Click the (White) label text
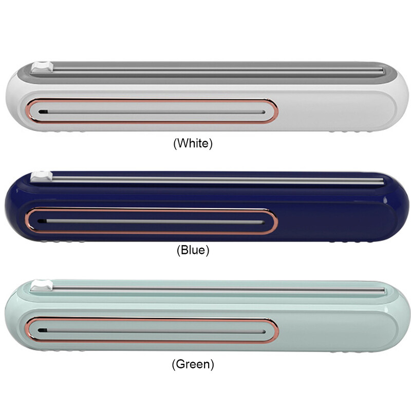(193, 143)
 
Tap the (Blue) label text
(193, 250)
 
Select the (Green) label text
(193, 364)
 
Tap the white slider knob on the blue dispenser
(42, 176)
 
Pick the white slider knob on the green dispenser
(42, 285)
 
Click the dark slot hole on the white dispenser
(43, 111)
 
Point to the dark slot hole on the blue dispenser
(42, 221)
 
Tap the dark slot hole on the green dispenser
(42, 330)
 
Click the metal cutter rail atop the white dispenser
(218, 70)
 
